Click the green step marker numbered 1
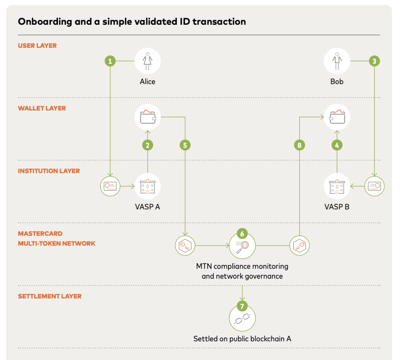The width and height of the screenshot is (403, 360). (110, 61)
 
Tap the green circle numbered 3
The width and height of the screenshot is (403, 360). (374, 61)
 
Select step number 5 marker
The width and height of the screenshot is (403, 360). (185, 145)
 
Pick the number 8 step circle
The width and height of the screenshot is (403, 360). (299, 145)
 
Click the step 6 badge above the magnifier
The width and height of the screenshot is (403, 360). (242, 233)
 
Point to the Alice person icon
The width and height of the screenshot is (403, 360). (148, 61)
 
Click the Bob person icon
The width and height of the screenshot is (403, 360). (337, 61)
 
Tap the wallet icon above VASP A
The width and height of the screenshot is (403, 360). (148, 117)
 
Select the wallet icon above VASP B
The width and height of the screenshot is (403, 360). (337, 117)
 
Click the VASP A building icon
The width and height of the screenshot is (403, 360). (148, 187)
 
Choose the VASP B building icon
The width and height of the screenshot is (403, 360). (337, 187)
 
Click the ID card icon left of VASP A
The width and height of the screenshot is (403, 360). (110, 187)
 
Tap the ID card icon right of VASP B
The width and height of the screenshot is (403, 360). (374, 187)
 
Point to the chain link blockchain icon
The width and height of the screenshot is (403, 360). (242, 319)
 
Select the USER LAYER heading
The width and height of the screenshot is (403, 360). (37, 45)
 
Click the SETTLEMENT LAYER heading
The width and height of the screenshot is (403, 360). (49, 296)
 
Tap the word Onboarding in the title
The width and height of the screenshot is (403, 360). (45, 22)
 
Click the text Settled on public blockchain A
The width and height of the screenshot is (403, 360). (242, 339)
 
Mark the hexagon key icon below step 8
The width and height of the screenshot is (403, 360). (299, 246)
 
